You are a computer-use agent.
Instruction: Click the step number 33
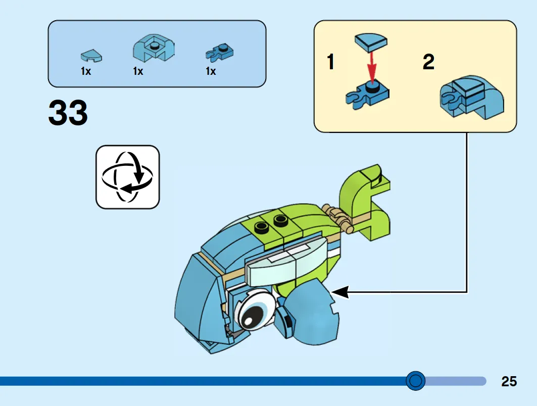click(x=68, y=112)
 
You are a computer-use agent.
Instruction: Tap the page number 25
click(x=509, y=381)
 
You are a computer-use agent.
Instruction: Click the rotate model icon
click(x=127, y=177)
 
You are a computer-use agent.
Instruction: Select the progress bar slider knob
click(x=415, y=381)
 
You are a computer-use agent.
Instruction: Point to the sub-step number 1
click(x=330, y=62)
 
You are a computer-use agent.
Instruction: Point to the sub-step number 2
click(x=428, y=62)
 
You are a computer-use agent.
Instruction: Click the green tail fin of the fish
click(x=365, y=202)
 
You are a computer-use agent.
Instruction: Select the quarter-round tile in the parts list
click(x=91, y=56)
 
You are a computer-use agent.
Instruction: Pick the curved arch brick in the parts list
click(x=154, y=48)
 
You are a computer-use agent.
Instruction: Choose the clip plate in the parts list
click(x=220, y=53)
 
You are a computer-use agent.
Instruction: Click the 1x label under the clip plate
click(x=211, y=71)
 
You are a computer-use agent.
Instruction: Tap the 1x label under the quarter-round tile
click(x=85, y=71)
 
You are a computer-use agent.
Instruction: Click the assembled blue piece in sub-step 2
click(x=472, y=98)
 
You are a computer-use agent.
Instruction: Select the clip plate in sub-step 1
click(x=367, y=95)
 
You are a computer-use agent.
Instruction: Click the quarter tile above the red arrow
click(x=371, y=42)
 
